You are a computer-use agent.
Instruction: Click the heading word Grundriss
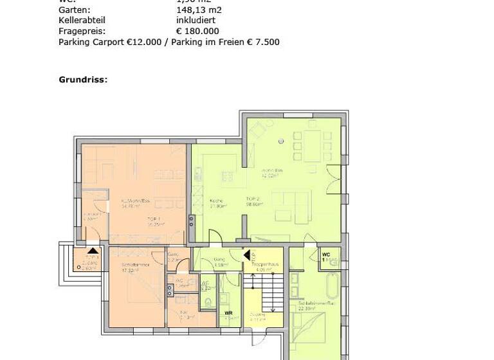(82, 80)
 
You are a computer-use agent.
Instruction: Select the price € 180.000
(197, 31)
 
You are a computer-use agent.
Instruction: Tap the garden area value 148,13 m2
(199, 10)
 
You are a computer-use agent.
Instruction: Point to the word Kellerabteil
(82, 21)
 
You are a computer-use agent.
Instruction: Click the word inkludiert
(200, 21)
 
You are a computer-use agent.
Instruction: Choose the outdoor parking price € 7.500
(264, 42)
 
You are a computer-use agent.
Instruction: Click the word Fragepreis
(82, 31)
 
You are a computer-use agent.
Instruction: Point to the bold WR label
(228, 314)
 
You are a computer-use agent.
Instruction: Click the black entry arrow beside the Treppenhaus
(246, 255)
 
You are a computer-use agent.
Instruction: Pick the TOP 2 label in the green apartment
(253, 199)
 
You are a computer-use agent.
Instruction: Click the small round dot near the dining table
(281, 141)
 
